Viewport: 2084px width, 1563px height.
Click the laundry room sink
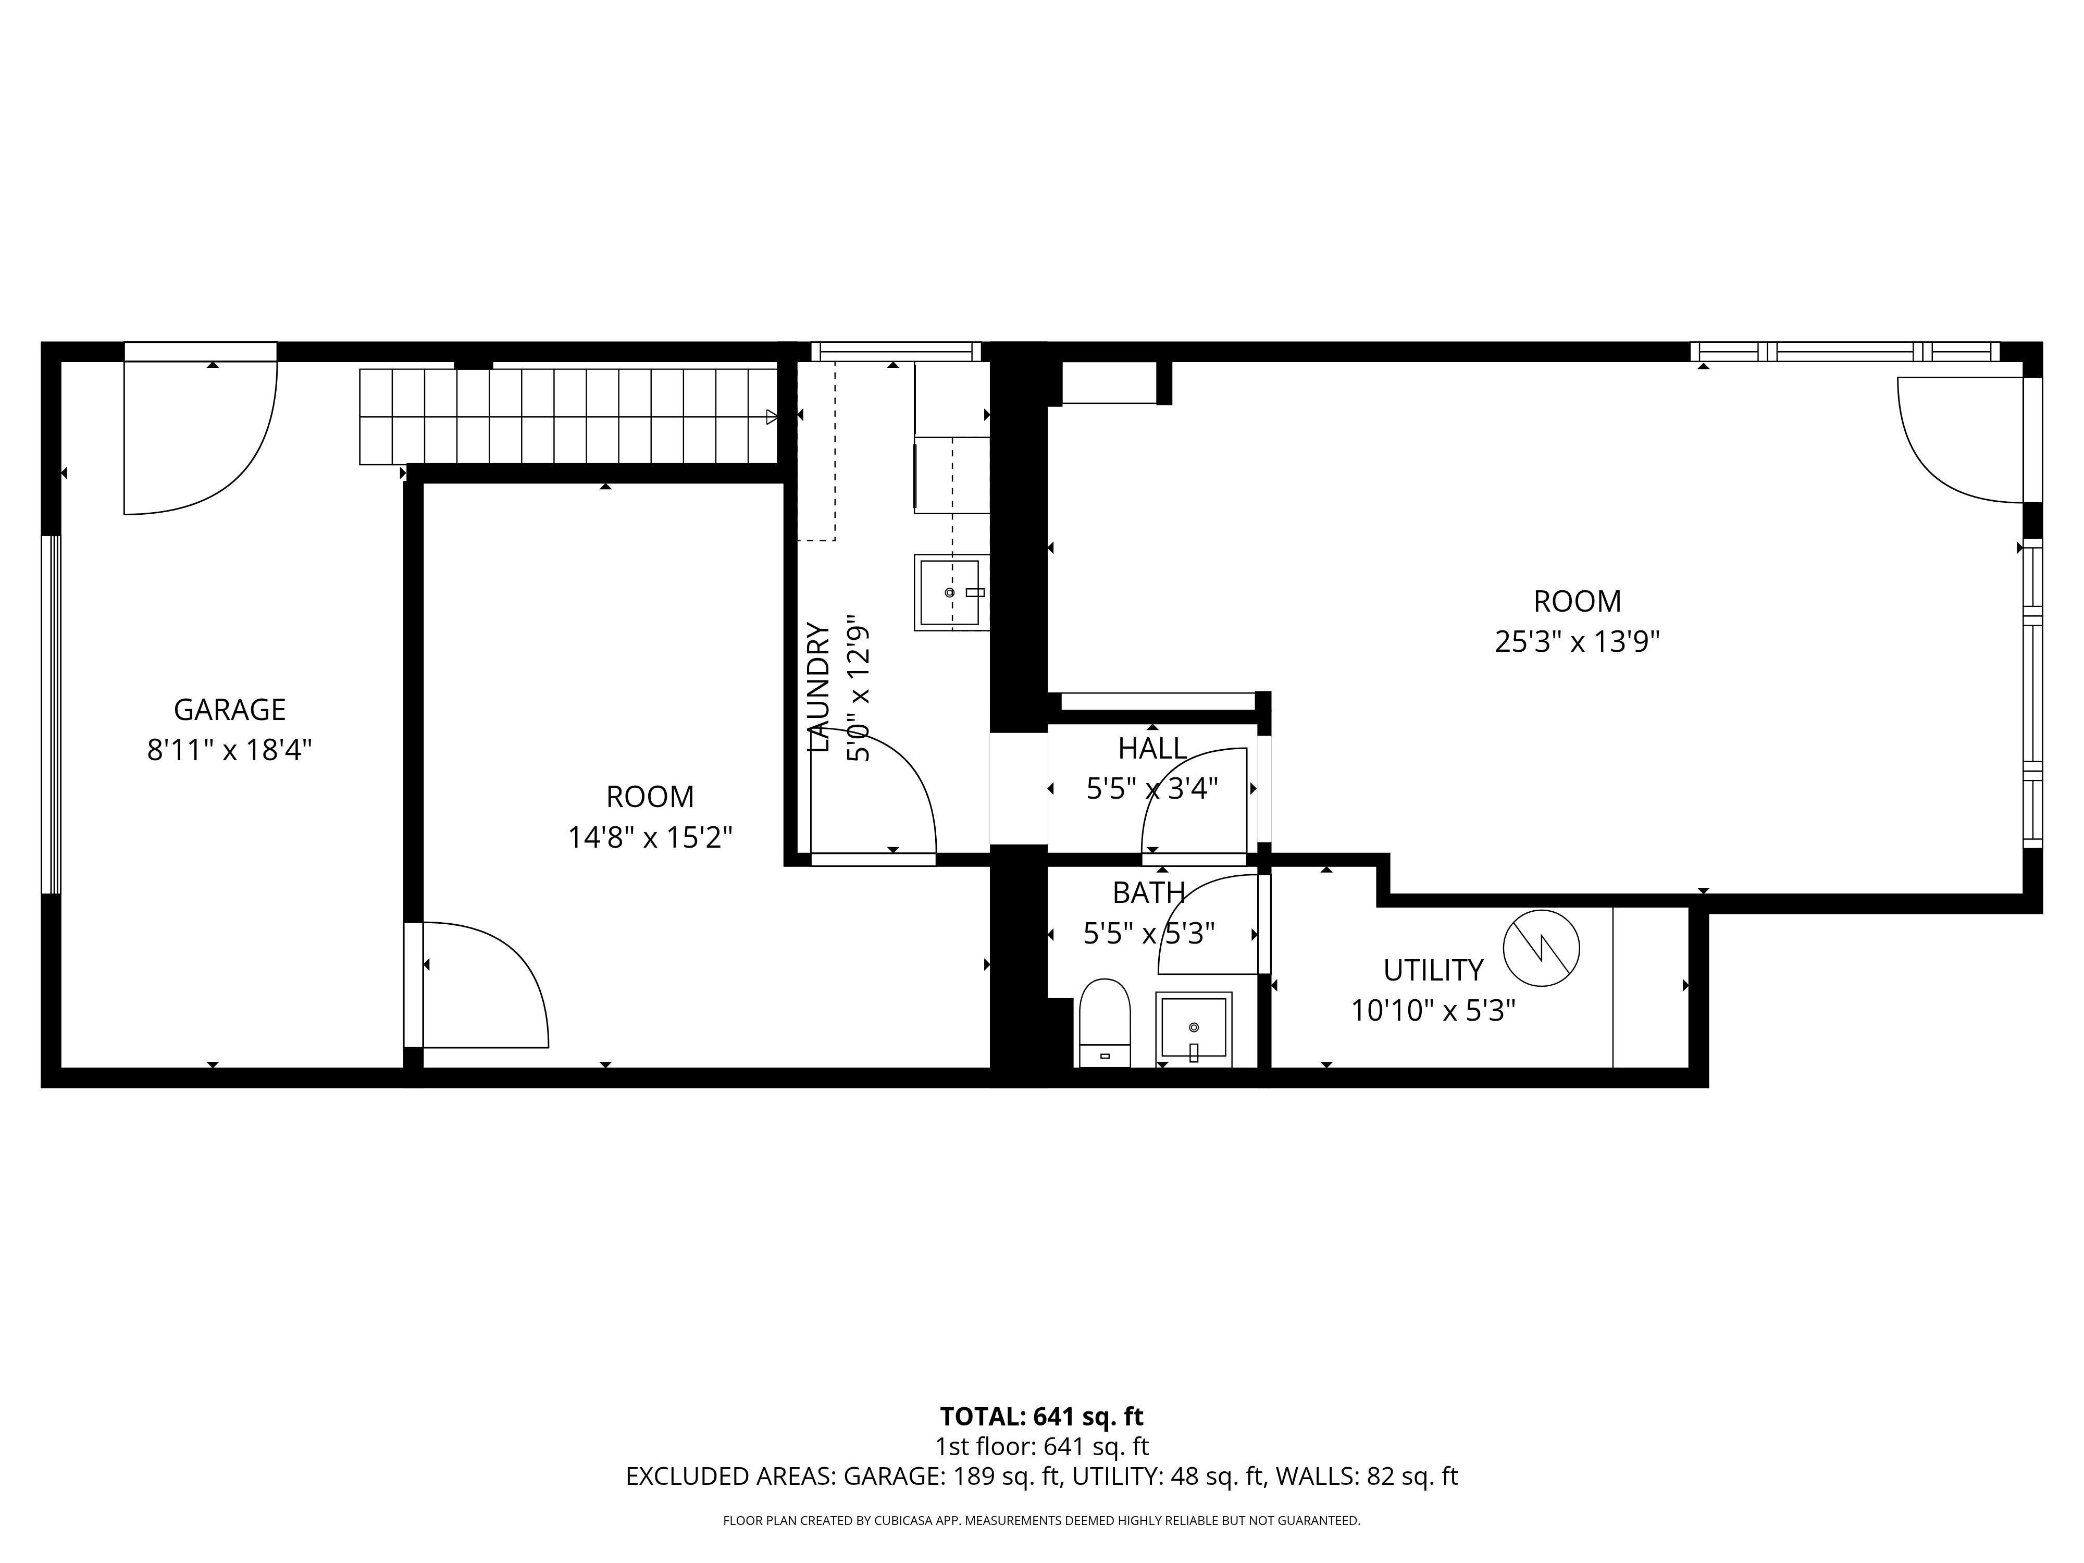[x=951, y=592]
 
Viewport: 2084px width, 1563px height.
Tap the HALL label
[x=1151, y=749]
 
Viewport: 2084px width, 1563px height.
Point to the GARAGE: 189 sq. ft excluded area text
[x=951, y=1477]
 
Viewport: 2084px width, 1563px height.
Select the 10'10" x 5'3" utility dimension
[x=1432, y=1011]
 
